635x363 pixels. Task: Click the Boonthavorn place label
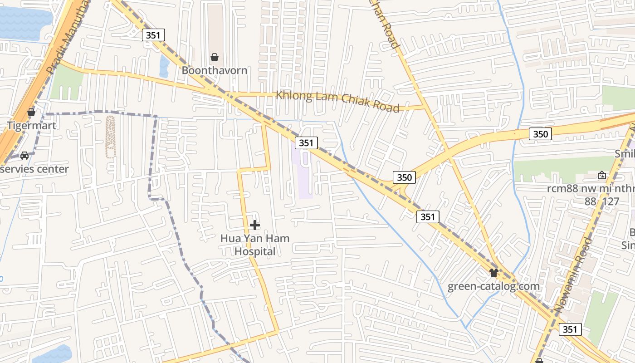tap(215, 70)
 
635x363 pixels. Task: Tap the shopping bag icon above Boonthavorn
tap(215, 57)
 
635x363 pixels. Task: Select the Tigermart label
tap(31, 125)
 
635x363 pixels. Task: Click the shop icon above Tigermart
tap(31, 112)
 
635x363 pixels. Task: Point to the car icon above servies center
tap(24, 155)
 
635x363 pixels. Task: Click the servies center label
tap(34, 169)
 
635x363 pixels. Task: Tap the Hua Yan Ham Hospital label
tap(255, 245)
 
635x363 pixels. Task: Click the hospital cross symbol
tap(255, 225)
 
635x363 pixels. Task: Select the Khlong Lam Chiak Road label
tap(338, 101)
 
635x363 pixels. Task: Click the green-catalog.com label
tap(493, 286)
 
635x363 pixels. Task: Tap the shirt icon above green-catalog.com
tap(494, 273)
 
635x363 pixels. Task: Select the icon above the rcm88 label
tap(602, 175)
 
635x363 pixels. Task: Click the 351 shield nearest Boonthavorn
tap(153, 35)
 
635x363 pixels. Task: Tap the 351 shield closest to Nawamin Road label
tap(570, 329)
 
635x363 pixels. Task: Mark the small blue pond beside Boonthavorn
tap(164, 66)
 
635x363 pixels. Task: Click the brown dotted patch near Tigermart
tap(110, 136)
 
